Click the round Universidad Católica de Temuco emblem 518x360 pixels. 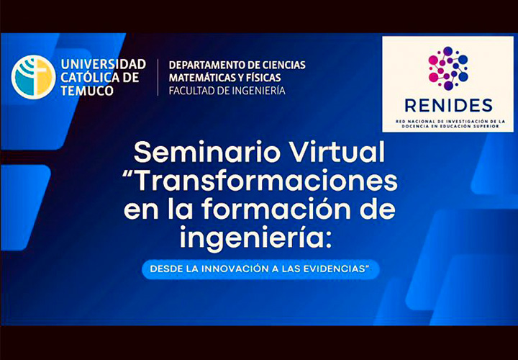coord(33,77)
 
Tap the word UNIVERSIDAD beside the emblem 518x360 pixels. coord(104,64)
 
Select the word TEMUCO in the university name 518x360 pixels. coord(87,90)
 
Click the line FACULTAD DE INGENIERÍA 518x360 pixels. coord(227,90)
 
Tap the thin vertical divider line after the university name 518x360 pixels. coord(158,77)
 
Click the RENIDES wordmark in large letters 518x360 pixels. coord(448,105)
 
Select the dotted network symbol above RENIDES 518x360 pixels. coord(448,68)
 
